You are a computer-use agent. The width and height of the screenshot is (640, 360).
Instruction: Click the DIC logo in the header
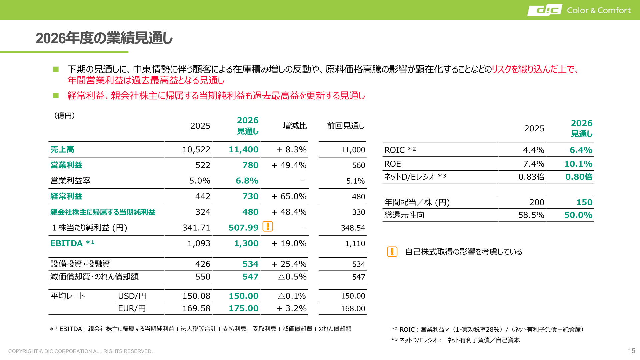click(545, 10)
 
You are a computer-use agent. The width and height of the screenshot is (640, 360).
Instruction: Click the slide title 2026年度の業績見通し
click(104, 38)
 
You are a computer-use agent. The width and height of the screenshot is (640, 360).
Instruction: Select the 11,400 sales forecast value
click(243, 150)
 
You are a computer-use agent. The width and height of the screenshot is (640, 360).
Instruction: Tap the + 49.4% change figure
click(289, 165)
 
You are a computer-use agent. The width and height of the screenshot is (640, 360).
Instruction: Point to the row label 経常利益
click(66, 196)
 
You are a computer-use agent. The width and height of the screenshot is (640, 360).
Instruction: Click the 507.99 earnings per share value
click(243, 228)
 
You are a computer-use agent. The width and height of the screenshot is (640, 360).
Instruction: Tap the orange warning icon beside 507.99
click(268, 226)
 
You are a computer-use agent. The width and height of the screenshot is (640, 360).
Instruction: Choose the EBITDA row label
click(72, 243)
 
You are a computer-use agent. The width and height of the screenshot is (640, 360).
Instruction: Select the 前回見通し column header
click(346, 126)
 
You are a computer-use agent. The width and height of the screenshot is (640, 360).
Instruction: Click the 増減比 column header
click(295, 126)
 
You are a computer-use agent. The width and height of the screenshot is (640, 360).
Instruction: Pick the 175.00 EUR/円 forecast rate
click(243, 308)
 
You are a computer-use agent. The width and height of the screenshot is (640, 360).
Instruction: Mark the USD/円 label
click(132, 296)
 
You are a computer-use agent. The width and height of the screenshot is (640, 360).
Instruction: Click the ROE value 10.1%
click(578, 164)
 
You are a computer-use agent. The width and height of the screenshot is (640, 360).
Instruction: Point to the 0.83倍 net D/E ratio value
click(531, 177)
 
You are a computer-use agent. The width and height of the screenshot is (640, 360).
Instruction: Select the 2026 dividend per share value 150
click(584, 202)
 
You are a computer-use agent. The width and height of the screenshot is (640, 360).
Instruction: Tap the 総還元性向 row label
click(404, 215)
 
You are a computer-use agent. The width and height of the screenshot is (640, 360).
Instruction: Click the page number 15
click(632, 351)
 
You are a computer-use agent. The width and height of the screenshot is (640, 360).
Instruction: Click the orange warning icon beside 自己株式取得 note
click(392, 252)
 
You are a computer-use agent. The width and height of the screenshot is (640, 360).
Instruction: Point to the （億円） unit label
click(64, 115)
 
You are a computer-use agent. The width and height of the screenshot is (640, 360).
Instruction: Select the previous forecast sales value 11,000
click(353, 150)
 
